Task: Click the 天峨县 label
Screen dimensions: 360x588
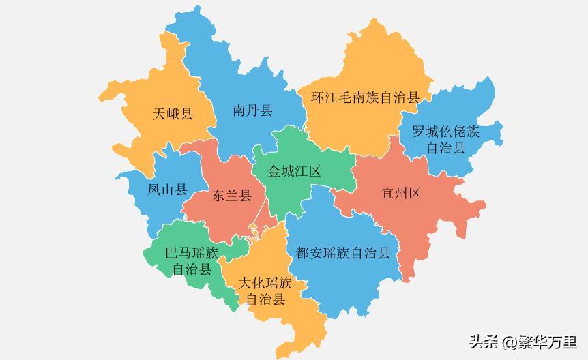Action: point(173,114)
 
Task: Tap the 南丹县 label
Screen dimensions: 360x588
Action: point(252,110)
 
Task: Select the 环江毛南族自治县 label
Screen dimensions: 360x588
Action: point(365,97)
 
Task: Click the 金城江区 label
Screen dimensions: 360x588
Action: point(295,170)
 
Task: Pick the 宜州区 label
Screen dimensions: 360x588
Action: point(401,193)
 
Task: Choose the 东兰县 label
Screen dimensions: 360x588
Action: point(232,196)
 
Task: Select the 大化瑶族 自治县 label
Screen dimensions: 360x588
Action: point(265,290)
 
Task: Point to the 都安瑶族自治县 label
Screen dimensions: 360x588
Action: point(343,254)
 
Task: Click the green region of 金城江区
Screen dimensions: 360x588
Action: point(300,198)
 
